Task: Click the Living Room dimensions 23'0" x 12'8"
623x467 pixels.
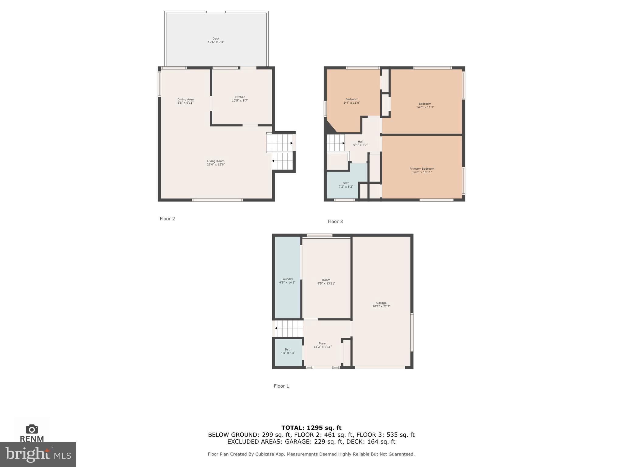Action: pos(216,164)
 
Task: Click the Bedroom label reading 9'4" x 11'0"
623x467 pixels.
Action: pos(352,101)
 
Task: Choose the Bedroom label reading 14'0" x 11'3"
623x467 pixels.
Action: pos(425,105)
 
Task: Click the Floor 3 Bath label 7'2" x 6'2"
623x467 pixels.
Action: pos(346,185)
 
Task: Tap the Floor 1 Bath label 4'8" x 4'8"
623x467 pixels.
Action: pos(288,351)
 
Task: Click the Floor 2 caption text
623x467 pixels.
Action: pos(167,219)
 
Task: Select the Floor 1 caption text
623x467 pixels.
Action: pos(281,386)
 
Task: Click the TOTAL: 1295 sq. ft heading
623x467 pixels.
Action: pos(311,428)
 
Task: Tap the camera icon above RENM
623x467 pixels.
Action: pos(32,429)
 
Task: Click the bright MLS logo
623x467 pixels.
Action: pos(38,454)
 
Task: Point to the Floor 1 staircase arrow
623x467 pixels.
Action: pos(276,328)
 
